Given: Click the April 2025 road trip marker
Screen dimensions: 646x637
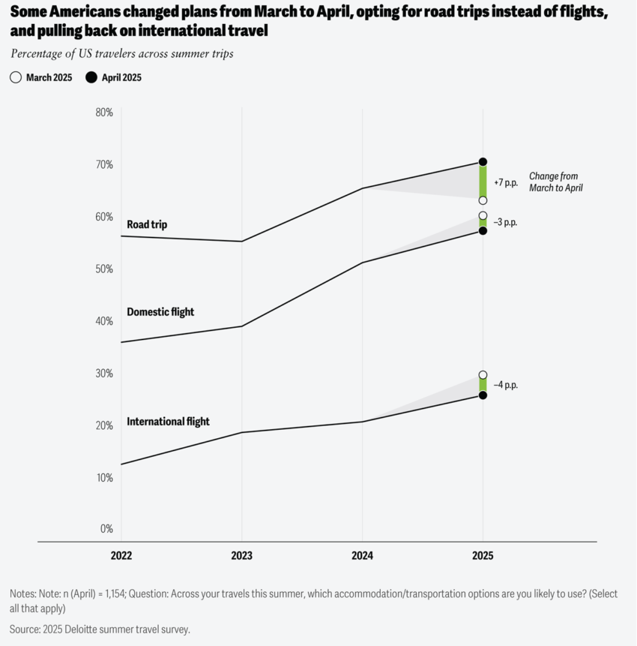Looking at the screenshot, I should [x=483, y=162].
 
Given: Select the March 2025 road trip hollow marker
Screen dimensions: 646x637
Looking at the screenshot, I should [x=483, y=200].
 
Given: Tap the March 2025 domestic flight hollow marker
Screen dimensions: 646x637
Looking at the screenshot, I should [x=483, y=216].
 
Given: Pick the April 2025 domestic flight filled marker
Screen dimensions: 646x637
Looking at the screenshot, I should [x=483, y=230].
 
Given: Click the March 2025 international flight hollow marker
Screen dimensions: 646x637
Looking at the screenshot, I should [x=483, y=375].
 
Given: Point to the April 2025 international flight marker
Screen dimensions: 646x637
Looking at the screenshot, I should [x=483, y=395].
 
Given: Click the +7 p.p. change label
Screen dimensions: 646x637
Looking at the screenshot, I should [x=506, y=182].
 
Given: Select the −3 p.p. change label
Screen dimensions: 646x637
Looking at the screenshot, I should [x=506, y=223].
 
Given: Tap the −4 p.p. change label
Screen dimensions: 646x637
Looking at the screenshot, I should [x=506, y=385].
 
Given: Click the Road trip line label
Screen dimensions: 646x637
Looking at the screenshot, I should [x=148, y=224].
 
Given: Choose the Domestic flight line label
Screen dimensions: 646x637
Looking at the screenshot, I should [x=160, y=312].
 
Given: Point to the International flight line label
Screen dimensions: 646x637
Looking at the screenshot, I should [x=168, y=422].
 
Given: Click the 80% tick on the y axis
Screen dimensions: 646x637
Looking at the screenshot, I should [x=104, y=113].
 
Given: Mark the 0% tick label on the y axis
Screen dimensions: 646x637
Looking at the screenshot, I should [x=106, y=529].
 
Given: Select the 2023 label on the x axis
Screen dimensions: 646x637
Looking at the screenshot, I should [x=241, y=556].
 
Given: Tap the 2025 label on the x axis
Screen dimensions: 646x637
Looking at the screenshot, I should [x=483, y=556].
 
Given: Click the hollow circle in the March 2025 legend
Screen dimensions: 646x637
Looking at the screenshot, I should [x=16, y=77].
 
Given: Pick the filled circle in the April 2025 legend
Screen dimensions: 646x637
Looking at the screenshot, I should [x=91, y=77].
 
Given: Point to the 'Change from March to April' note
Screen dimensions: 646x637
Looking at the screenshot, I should [x=555, y=182].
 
